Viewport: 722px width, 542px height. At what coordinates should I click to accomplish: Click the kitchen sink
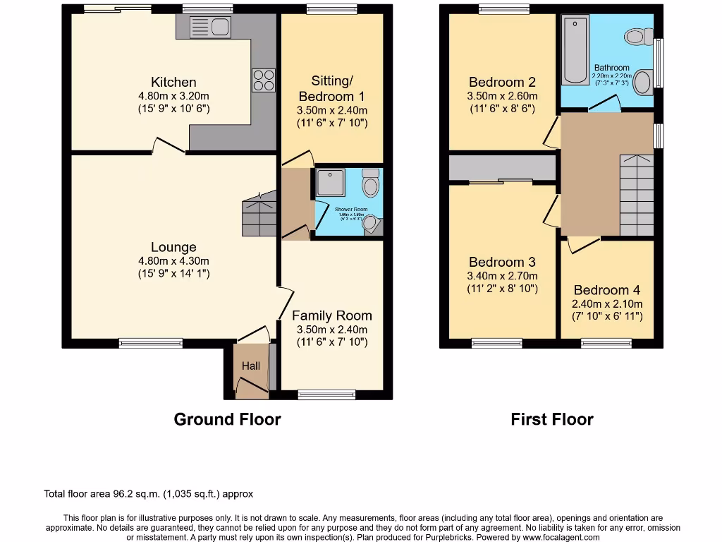point(210,28)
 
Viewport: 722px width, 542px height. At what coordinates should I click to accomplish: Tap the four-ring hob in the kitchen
point(263,80)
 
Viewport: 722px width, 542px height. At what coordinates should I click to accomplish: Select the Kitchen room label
point(173,83)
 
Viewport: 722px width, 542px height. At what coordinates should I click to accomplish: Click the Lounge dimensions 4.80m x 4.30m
point(173,260)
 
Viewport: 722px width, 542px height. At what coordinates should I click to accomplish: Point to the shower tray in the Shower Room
point(330,182)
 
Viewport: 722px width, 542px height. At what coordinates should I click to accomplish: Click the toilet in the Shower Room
point(370,184)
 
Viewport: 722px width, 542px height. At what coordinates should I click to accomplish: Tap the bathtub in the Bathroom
point(574,51)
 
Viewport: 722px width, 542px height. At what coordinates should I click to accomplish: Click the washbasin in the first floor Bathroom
point(642,82)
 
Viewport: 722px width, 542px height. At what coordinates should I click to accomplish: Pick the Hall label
point(251,366)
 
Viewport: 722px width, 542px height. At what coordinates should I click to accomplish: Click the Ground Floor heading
point(227,419)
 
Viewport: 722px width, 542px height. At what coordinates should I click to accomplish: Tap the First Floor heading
point(552,419)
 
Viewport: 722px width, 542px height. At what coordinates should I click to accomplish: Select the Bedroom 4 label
point(606,290)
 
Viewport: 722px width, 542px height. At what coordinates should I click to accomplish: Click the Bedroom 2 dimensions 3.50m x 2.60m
point(502,96)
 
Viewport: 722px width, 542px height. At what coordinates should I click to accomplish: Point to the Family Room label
point(332,315)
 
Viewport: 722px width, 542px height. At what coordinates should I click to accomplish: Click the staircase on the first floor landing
point(636,195)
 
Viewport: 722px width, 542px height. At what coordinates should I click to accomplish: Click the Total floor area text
point(148,494)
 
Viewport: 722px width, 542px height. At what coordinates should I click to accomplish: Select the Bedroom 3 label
point(502,262)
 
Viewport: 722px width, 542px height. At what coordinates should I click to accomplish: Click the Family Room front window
point(317,394)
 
